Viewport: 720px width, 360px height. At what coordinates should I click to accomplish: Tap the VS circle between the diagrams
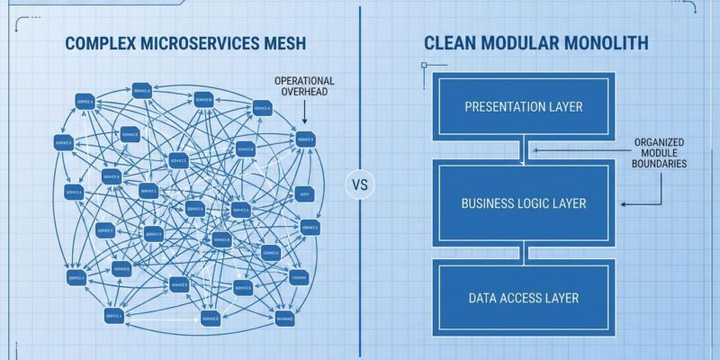pyautogui.click(x=358, y=186)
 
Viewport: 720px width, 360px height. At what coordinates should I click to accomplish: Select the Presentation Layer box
pyautogui.click(x=523, y=107)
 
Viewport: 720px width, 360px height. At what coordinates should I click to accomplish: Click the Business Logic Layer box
pyautogui.click(x=523, y=203)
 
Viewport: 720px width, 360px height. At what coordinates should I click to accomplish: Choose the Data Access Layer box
pyautogui.click(x=523, y=298)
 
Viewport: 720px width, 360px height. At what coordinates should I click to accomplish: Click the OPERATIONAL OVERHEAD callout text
pyautogui.click(x=303, y=86)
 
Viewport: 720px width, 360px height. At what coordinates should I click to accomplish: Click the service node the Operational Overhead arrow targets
pyautogui.click(x=304, y=139)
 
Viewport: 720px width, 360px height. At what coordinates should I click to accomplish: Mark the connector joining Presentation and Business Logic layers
pyautogui.click(x=524, y=153)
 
